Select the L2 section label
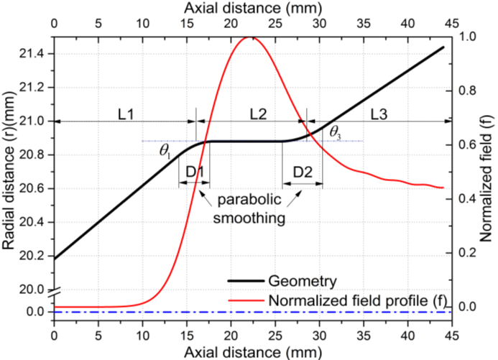(259, 112)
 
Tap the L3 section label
(384, 112)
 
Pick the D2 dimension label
(303, 174)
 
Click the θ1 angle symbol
(166, 151)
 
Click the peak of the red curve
(249, 37)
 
